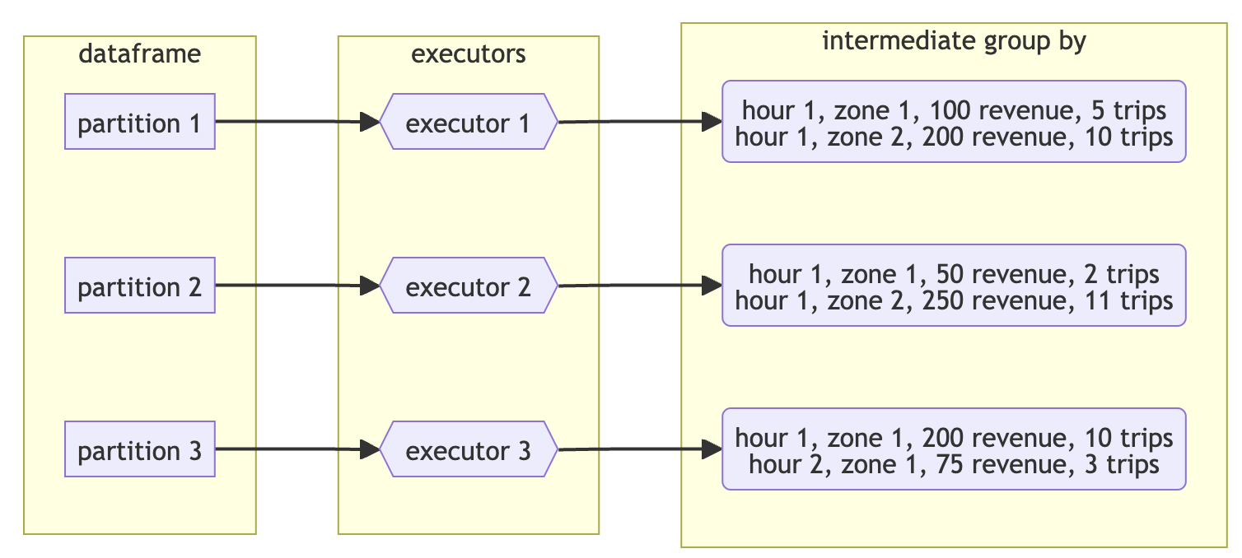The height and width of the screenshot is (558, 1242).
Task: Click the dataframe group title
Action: (139, 54)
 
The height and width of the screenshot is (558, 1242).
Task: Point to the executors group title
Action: (468, 54)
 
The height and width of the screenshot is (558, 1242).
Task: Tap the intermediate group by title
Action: (954, 41)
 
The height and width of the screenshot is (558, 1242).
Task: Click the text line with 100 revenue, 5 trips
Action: (954, 109)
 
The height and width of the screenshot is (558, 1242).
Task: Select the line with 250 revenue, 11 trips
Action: (954, 300)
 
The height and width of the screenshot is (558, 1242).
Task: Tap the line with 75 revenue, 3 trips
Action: (954, 464)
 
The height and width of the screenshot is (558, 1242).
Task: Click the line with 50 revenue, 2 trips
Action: (954, 273)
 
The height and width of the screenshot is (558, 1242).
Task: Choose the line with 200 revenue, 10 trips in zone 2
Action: (954, 137)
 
